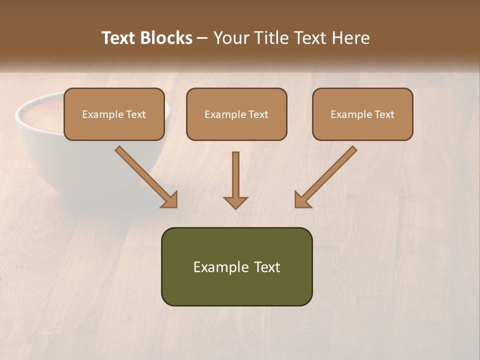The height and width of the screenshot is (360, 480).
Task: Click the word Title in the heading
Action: pos(269,38)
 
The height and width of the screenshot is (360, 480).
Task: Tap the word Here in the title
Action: pos(351,38)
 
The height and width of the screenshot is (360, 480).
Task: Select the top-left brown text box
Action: pos(114,114)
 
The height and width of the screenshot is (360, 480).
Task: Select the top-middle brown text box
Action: pos(236,114)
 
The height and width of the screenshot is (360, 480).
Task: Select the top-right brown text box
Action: pos(362,114)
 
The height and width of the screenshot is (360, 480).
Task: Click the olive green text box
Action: pos(236,266)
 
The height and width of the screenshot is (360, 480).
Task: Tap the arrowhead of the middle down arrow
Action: pos(235,202)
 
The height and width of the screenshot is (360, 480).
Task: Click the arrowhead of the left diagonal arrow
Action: pos(170,200)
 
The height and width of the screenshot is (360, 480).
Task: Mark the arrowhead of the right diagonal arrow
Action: pos(302,200)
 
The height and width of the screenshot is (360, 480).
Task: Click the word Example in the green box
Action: pos(217,267)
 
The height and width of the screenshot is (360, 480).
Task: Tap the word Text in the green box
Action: pos(267,267)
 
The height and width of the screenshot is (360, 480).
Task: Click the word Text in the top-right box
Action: pos(384,114)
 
